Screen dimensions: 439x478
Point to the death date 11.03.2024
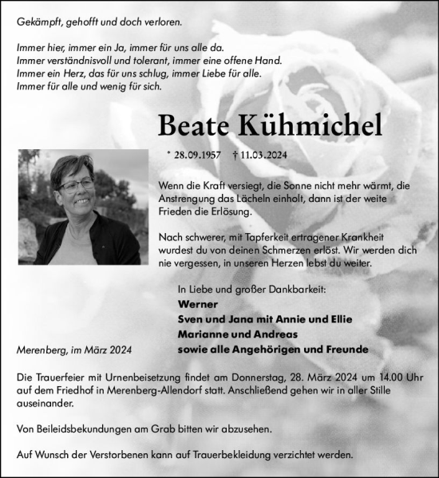[268, 156]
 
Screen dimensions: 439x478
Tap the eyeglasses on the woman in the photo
[77, 184]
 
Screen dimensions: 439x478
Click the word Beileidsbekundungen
[76, 429]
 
